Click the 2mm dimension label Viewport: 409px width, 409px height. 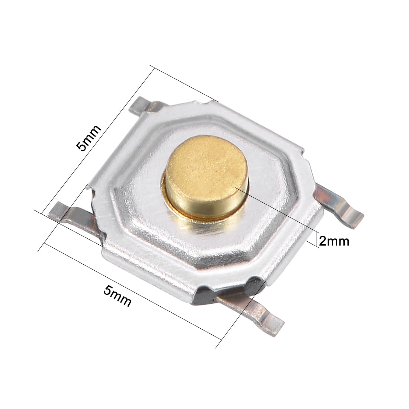[334, 241]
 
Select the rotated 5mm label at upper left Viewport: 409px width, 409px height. [88, 138]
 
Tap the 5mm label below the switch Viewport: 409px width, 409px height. [117, 296]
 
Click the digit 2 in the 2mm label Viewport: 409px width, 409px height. [322, 241]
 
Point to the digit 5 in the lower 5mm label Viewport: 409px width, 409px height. [107, 289]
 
